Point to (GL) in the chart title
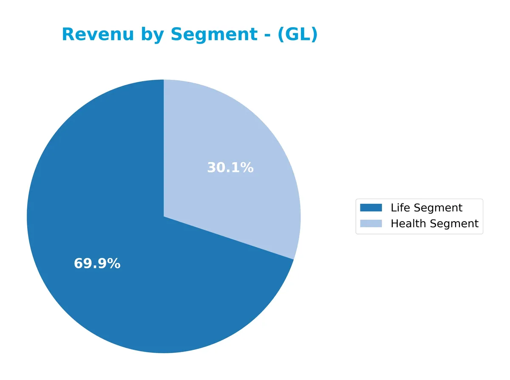coord(297,35)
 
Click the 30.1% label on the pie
coord(230,168)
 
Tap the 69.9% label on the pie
coord(97,264)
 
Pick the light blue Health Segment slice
coord(238,140)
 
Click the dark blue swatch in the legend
coord(371,208)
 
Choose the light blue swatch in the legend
coord(371,223)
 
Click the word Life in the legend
coord(400,208)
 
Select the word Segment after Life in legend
coord(438,208)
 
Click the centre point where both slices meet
coord(164,217)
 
